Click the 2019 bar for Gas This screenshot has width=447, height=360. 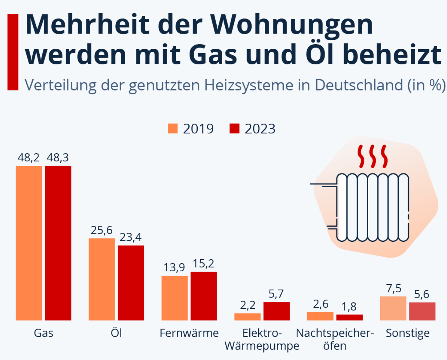(x=29, y=243)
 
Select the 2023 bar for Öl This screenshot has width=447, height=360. (x=131, y=283)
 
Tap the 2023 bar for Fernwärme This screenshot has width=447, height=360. (x=204, y=296)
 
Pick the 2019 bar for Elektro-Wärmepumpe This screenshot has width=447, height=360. (x=247, y=317)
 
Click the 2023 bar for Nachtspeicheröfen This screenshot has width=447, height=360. (x=349, y=318)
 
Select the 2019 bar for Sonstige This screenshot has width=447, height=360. (x=393, y=308)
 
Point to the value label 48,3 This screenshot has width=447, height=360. (x=58, y=158)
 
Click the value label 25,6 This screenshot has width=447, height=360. (x=102, y=230)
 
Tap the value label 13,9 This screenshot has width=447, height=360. (x=174, y=268)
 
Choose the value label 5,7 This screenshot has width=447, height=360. (x=276, y=294)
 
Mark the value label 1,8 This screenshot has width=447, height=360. (x=349, y=307)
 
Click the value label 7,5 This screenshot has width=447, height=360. (x=394, y=289)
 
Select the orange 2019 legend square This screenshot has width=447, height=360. (x=173, y=128)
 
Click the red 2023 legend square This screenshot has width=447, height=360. (x=235, y=128)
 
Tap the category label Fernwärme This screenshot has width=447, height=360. (x=189, y=333)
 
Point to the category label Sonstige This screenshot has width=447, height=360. (x=408, y=333)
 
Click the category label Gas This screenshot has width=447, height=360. (x=43, y=333)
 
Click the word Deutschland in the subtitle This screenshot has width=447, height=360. (x=359, y=85)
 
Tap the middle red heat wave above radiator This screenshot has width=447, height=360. (x=373, y=156)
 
